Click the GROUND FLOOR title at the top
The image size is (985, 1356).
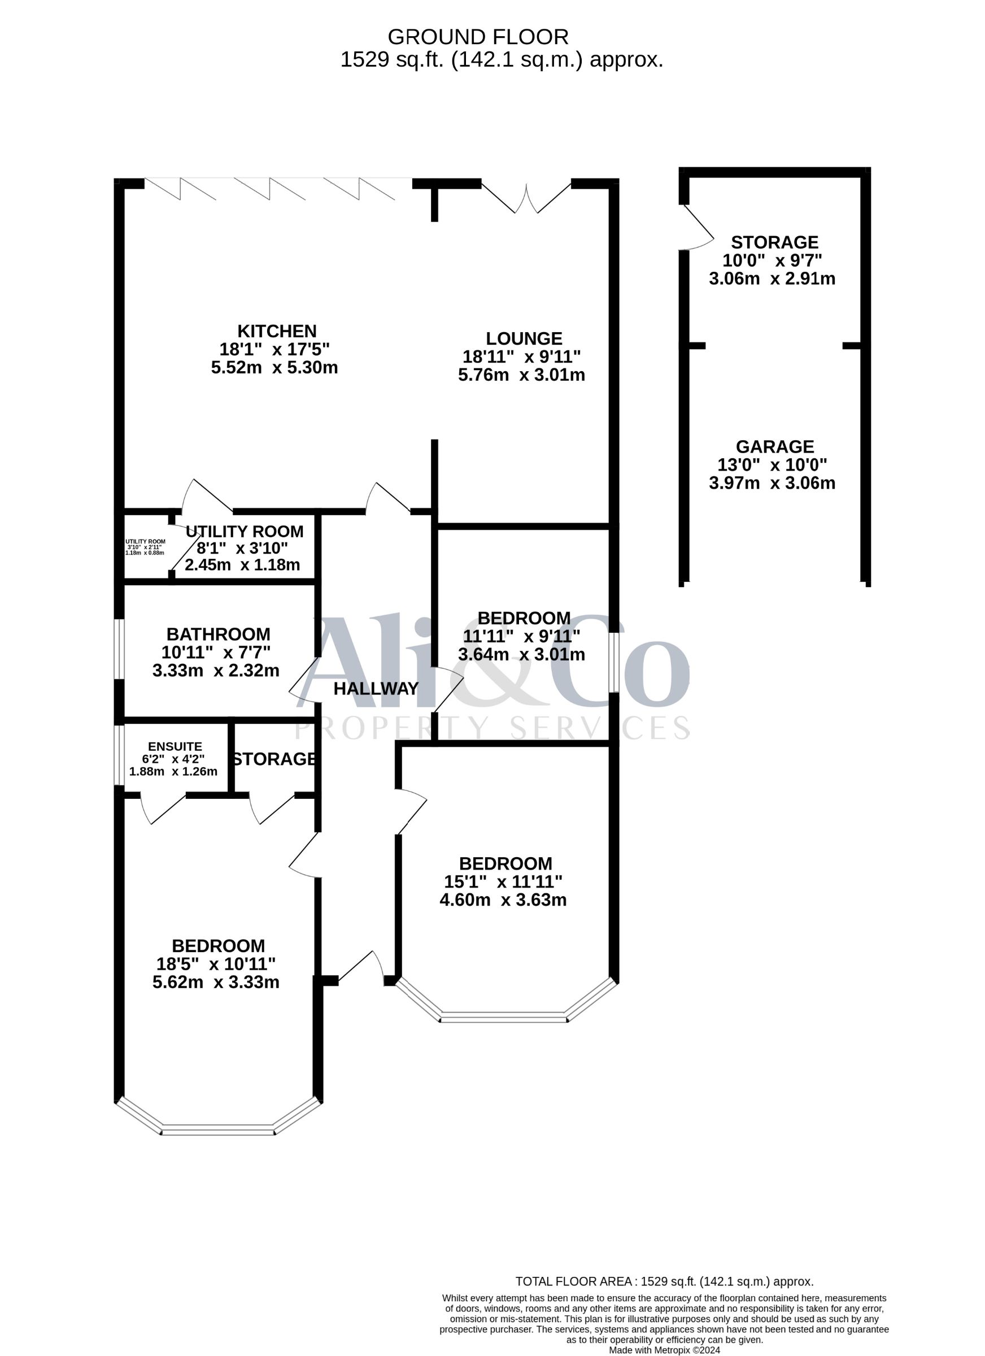[478, 37]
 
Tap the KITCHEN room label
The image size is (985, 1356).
[277, 331]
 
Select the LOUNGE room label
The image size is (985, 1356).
[524, 339]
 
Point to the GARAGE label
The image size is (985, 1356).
[774, 446]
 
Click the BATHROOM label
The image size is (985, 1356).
[218, 634]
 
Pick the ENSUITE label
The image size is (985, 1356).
[175, 746]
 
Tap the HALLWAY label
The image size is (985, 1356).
[376, 689]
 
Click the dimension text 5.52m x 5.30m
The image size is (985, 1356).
[274, 367]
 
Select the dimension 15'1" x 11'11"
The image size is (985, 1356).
[503, 881]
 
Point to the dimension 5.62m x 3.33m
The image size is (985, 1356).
[216, 982]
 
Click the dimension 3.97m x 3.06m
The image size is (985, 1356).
[772, 483]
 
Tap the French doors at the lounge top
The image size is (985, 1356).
[526, 198]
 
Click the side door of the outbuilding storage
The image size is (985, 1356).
[697, 227]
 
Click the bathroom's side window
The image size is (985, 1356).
[120, 649]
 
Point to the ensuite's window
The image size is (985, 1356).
[120, 755]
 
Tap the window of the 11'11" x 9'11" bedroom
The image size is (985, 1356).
[614, 662]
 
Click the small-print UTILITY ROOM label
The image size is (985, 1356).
[145, 542]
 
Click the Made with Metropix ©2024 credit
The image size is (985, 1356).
[665, 1350]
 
